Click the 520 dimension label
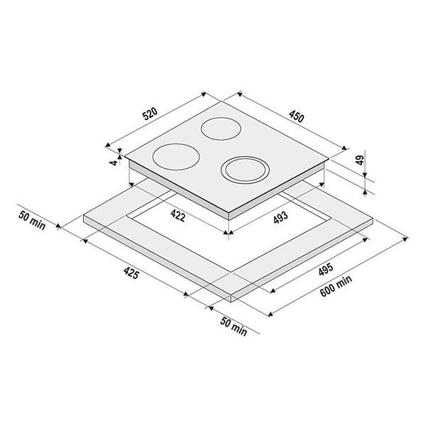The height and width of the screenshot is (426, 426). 150,114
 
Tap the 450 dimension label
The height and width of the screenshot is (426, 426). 296,116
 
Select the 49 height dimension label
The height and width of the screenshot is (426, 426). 360,160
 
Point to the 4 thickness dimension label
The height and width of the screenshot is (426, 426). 114,163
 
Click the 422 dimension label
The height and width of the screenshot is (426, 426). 178,216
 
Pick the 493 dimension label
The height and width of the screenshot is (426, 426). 280,217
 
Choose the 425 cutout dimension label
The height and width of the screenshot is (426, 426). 131,273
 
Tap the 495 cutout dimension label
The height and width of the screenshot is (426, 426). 326,269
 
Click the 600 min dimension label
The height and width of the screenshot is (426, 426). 336,286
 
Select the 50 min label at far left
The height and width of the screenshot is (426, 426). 32,220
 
